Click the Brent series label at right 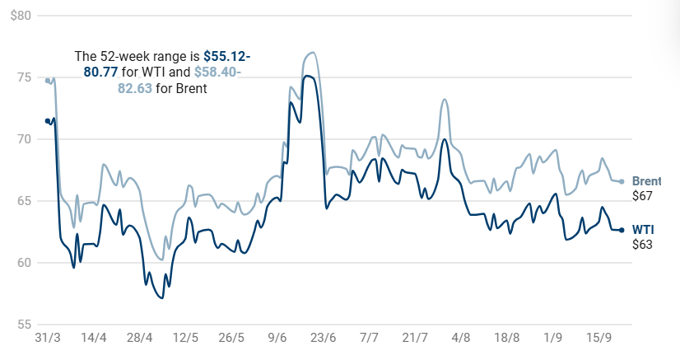[x=646, y=181]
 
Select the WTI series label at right [x=642, y=229]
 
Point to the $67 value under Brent [x=642, y=196]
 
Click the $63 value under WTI [x=642, y=244]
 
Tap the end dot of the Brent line [x=622, y=181]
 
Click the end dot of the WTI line [x=622, y=230]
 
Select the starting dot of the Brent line [x=48, y=81]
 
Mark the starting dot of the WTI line [x=48, y=121]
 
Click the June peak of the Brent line [x=310, y=53]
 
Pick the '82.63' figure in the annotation [x=135, y=88]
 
